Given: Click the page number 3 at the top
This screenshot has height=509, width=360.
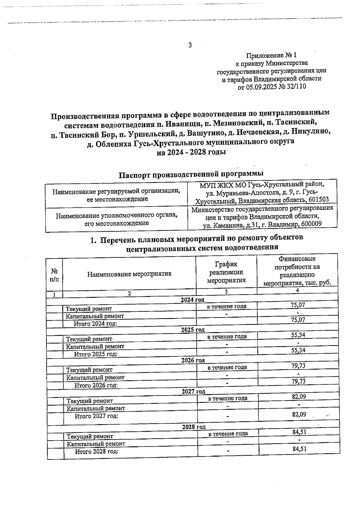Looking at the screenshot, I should pyautogui.click(x=190, y=45).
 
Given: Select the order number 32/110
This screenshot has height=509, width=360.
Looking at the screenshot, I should pyautogui.click(x=296, y=87).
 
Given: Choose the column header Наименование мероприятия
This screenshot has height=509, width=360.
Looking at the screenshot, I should pyautogui.click(x=129, y=274).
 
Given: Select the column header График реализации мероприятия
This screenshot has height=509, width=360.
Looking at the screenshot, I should pyautogui.click(x=226, y=272).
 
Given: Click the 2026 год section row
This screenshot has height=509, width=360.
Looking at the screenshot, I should pyautogui.click(x=193, y=360).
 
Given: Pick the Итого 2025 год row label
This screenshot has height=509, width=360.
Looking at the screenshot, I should pyautogui.click(x=96, y=354).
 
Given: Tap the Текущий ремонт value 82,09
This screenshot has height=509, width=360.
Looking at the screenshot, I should pyautogui.click(x=299, y=397).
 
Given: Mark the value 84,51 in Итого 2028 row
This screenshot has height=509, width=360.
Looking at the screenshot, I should pyautogui.click(x=299, y=449).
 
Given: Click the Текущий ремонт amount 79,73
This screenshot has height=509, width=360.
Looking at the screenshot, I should pyautogui.click(x=298, y=366).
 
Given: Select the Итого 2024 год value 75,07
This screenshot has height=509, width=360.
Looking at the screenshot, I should pyautogui.click(x=298, y=320).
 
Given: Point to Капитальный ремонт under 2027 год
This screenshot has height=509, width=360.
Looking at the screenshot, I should pyautogui.click(x=96, y=408).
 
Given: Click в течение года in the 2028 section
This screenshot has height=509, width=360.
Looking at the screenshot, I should pyautogui.click(x=228, y=433).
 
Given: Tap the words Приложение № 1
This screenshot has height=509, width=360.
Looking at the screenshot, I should pyautogui.click(x=271, y=55).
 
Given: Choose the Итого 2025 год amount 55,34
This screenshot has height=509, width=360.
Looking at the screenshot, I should pyautogui.click(x=298, y=350).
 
